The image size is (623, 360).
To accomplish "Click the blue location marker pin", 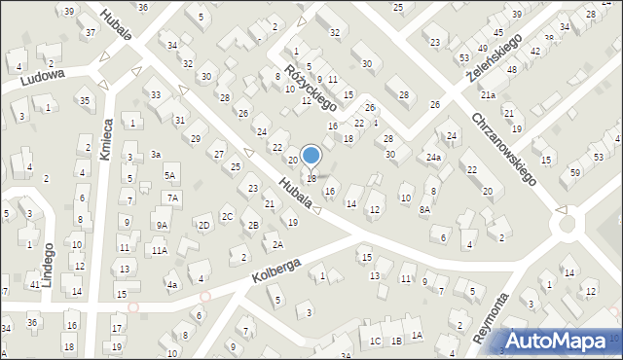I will [311, 156].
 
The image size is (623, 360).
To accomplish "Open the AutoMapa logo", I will [560, 342].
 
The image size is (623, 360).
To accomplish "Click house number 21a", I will [487, 94].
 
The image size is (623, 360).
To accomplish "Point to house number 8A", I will [424, 209].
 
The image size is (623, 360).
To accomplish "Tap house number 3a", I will [156, 155].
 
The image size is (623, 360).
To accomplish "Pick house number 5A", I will [169, 176].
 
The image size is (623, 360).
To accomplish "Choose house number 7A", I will [172, 198].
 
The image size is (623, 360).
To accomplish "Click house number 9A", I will [162, 226].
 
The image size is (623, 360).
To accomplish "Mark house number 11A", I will [158, 250].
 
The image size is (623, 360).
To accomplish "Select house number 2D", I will [203, 226].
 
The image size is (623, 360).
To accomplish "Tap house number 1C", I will [375, 341].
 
